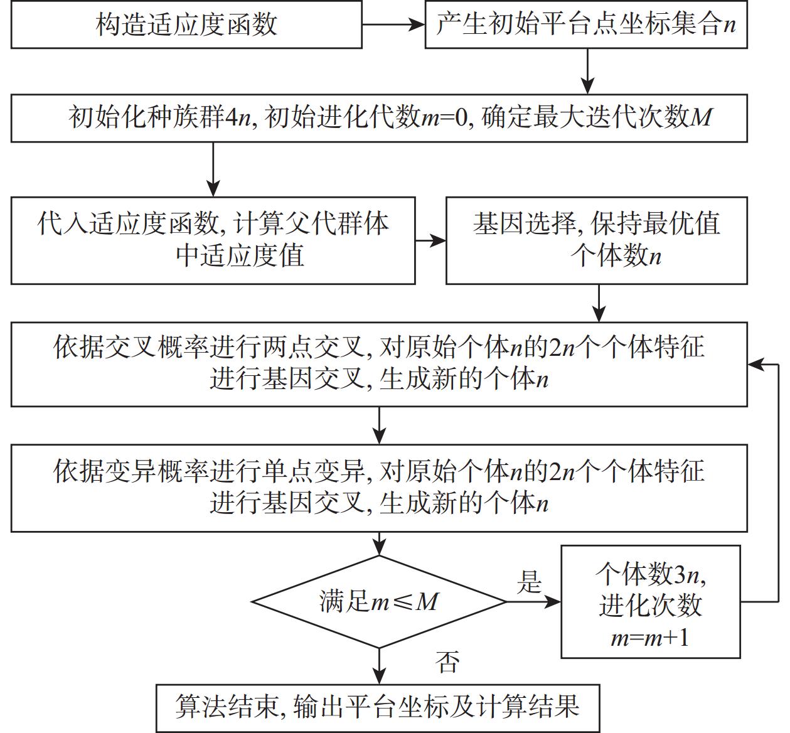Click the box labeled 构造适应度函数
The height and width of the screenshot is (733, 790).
tap(186, 25)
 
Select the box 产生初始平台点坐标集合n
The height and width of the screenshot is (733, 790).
tap(586, 25)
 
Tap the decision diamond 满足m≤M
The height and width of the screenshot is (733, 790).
tap(379, 602)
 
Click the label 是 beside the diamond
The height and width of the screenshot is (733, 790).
tap(529, 582)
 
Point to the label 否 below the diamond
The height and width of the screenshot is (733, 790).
tap(447, 661)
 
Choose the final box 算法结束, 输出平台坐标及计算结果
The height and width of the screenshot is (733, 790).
tap(378, 707)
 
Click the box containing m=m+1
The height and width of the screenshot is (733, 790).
tap(650, 638)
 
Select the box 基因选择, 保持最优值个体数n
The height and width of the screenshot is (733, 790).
tap(596, 240)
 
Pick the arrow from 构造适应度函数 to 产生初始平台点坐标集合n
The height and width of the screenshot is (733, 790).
tap(393, 25)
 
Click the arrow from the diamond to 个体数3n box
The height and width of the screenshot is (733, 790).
tap(533, 602)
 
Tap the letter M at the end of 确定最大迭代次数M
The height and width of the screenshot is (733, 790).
tap(701, 117)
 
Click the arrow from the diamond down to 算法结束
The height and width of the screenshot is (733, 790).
tap(379, 665)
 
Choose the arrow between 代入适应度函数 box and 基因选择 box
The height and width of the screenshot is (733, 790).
tap(430, 241)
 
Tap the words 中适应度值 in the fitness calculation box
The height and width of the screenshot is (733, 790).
tap(240, 255)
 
